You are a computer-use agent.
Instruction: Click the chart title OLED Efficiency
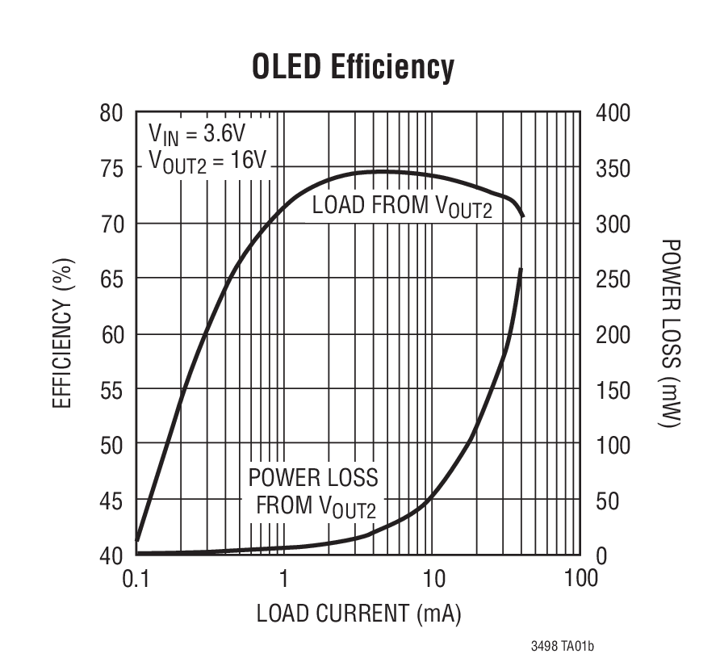click(x=353, y=67)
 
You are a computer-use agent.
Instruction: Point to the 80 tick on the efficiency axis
click(x=111, y=113)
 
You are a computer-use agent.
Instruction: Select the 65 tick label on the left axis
click(x=111, y=279)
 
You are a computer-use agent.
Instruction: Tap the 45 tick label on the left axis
click(x=111, y=501)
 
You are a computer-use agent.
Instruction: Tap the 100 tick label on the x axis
click(x=580, y=578)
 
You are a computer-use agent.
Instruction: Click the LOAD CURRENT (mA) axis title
click(x=358, y=614)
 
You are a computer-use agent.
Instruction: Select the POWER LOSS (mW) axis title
click(x=670, y=333)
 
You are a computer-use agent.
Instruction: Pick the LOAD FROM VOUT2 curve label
click(x=401, y=206)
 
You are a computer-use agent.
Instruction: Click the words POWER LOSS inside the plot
click(x=313, y=477)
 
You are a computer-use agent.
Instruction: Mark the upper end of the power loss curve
click(x=521, y=270)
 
